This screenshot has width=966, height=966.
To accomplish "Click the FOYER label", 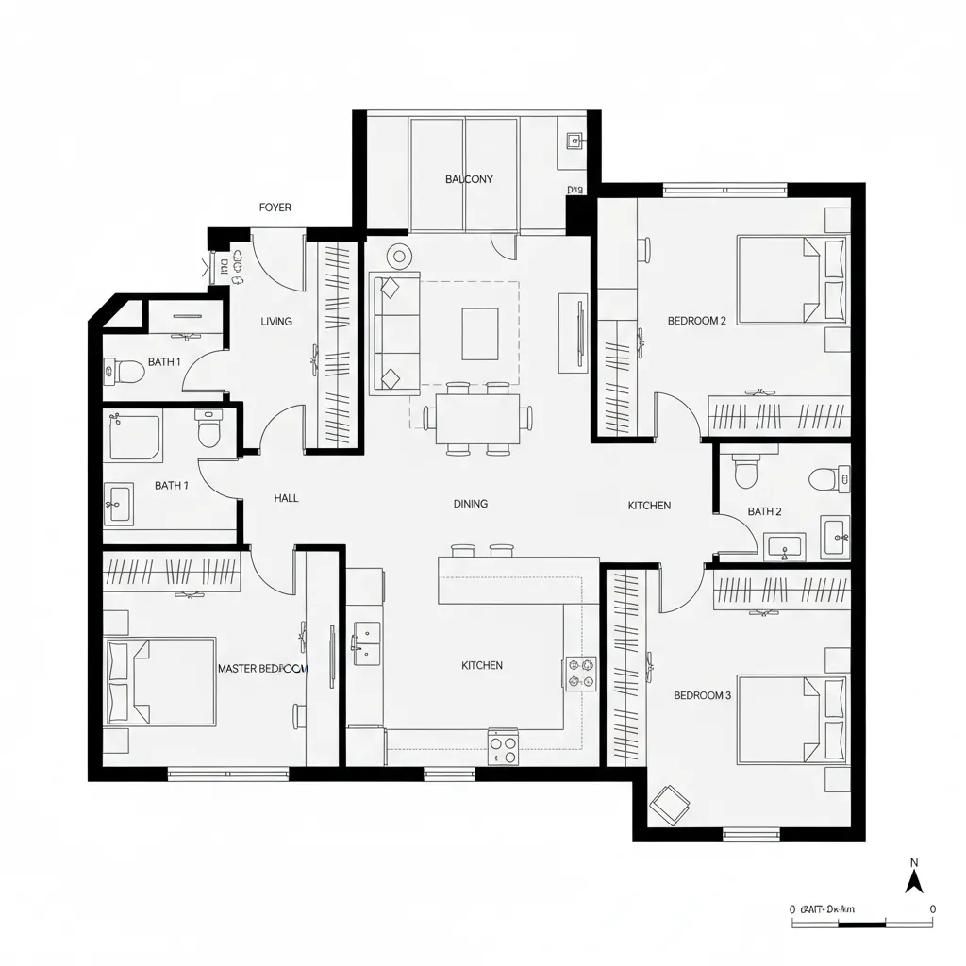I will tap(275, 208).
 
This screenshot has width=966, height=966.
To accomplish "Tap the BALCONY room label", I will tap(469, 179).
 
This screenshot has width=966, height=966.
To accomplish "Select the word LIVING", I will tap(276, 322).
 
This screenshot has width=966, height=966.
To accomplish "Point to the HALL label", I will tap(286, 498).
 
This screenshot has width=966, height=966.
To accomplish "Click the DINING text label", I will tap(471, 504).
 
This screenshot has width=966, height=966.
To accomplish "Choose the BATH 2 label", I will tap(764, 511).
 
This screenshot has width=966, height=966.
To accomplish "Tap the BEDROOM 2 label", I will tap(696, 321).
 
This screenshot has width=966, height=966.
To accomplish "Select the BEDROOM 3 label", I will tap(702, 695).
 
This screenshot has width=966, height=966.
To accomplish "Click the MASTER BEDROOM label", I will tap(263, 668).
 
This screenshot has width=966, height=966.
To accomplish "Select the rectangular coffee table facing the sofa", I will tap(480, 333).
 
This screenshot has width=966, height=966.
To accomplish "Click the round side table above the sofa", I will tap(400, 255).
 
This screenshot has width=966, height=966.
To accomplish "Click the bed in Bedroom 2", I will tap(791, 279).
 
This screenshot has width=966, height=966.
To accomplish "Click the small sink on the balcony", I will tap(573, 142).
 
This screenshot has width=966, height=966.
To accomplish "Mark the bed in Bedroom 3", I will tap(791, 719).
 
